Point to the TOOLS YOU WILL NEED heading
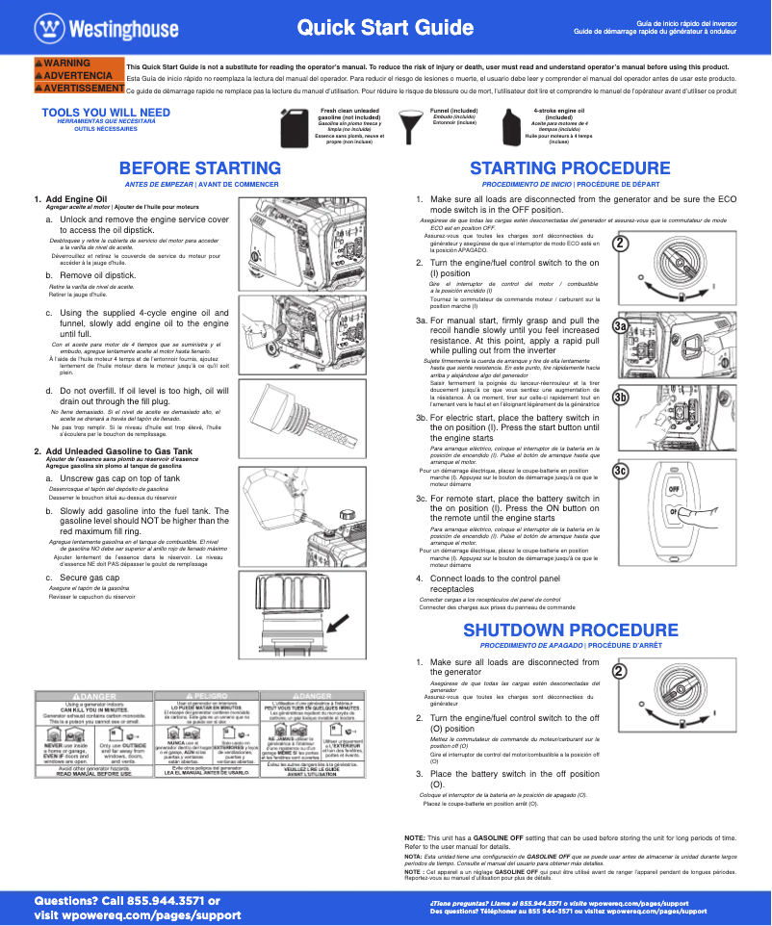(106, 113)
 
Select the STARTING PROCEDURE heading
(570, 168)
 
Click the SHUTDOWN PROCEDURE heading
(570, 630)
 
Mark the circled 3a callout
(621, 328)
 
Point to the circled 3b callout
(621, 397)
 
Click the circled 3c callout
(621, 470)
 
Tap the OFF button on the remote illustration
(675, 488)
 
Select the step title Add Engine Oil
(83, 198)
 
